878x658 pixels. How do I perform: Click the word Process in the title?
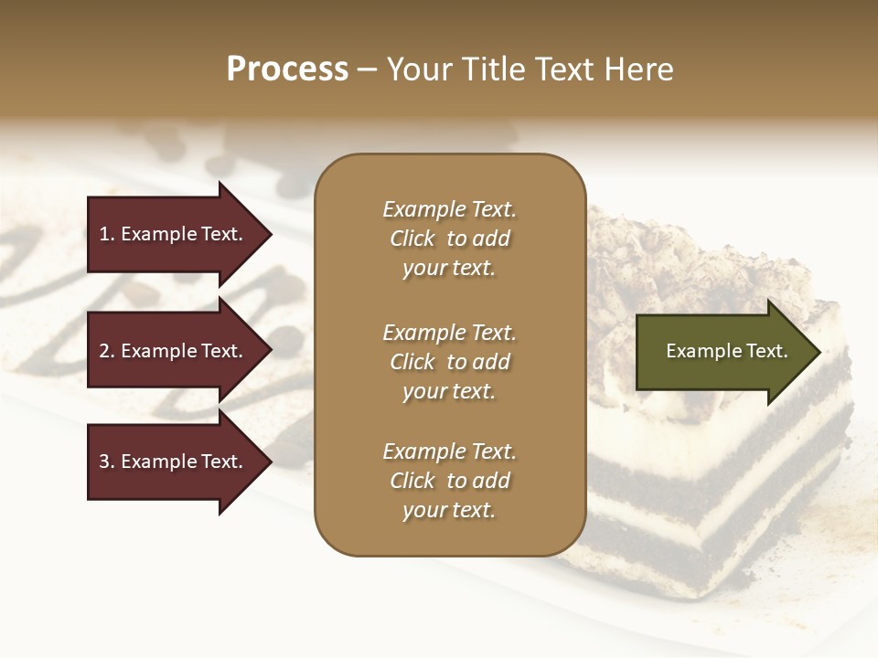(x=287, y=69)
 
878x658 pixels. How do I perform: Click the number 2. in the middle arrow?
(x=106, y=351)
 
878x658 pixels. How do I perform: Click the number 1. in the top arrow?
(x=106, y=234)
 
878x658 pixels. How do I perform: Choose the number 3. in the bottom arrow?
(x=106, y=462)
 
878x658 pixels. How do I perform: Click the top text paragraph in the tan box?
(x=449, y=239)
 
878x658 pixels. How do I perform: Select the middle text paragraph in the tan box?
(x=449, y=362)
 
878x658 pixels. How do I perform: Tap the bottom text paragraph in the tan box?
(x=449, y=481)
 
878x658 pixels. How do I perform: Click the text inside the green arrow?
(x=727, y=351)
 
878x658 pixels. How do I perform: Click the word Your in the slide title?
(x=417, y=69)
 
